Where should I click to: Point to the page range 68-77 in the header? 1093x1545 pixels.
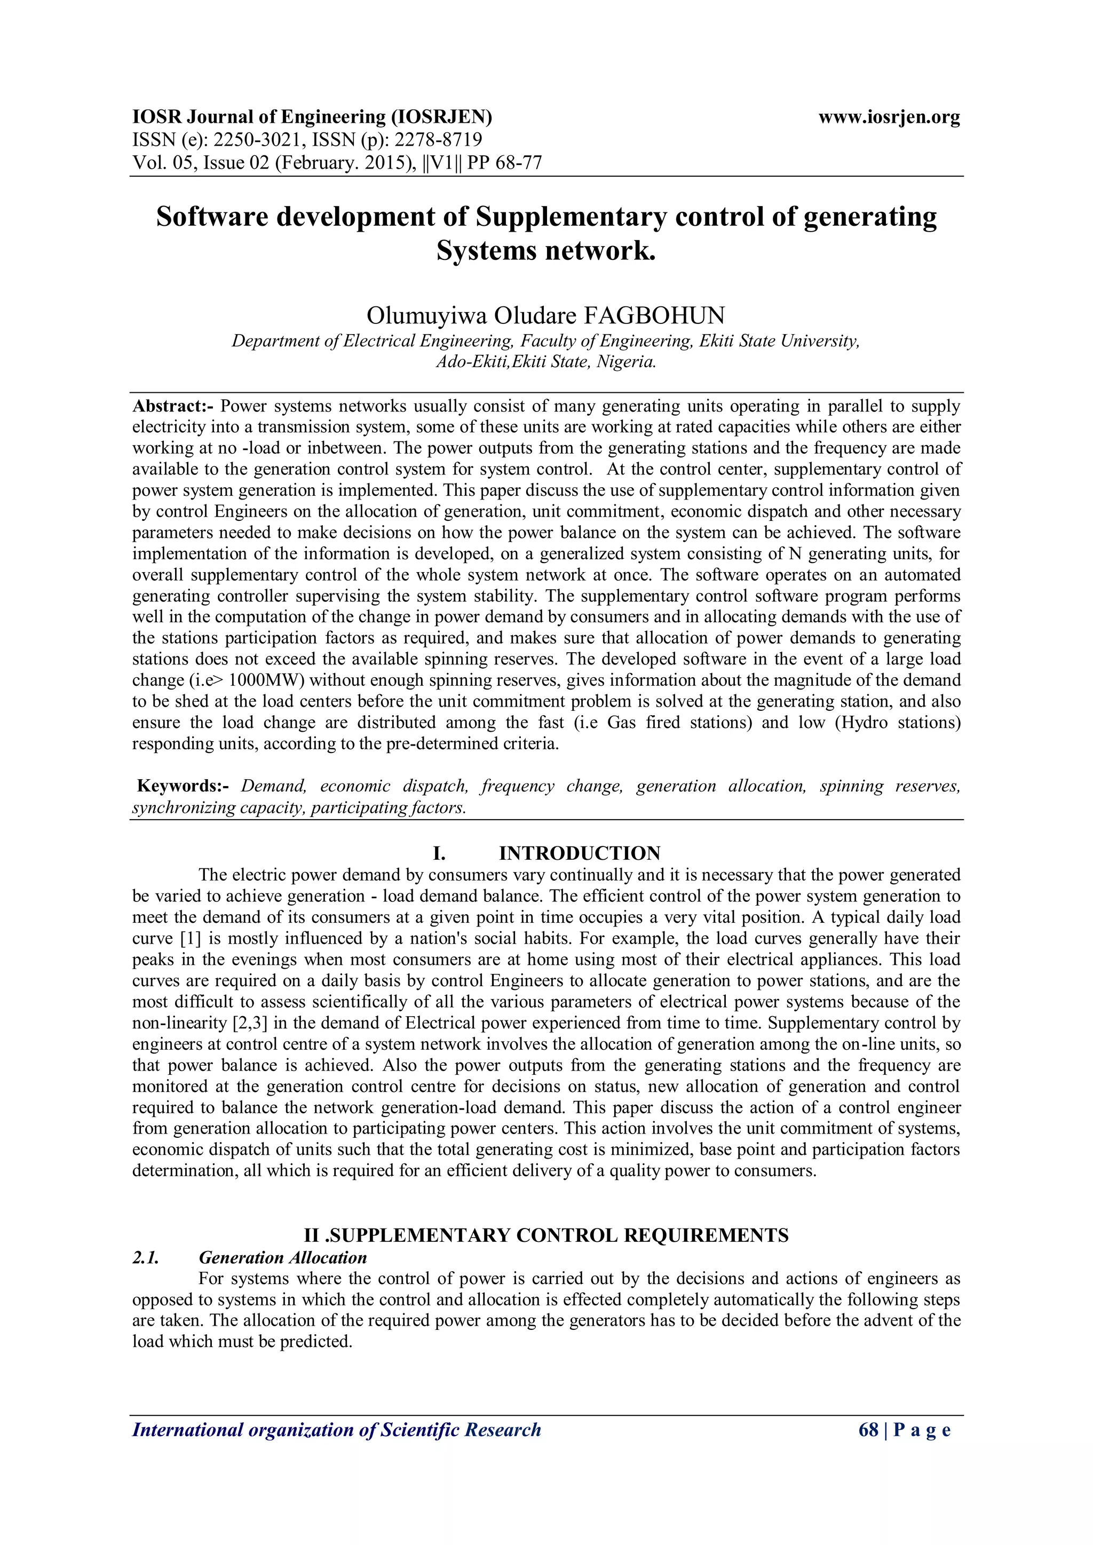tap(519, 163)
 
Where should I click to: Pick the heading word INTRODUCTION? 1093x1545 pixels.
tap(579, 853)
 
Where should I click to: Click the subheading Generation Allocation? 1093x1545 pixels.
tap(283, 1258)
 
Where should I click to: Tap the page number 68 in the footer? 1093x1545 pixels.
tap(868, 1449)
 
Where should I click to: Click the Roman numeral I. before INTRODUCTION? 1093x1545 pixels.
tap(439, 853)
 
